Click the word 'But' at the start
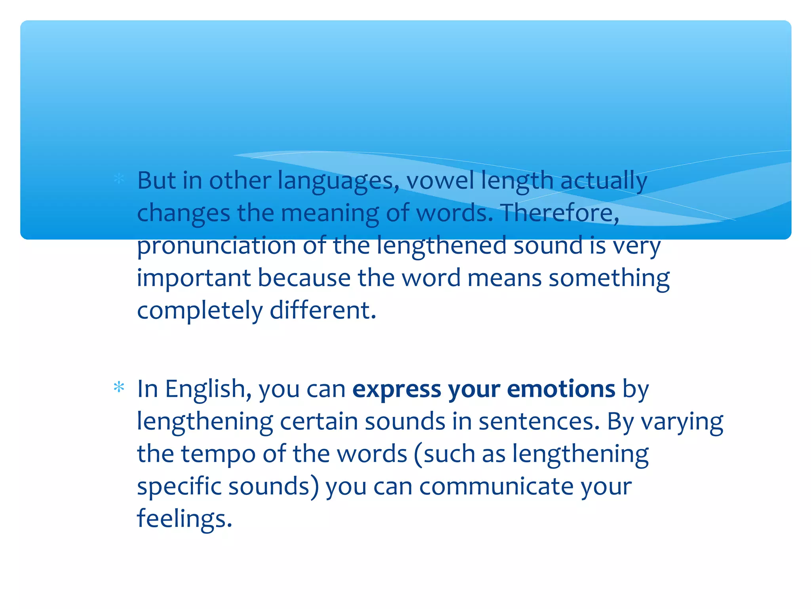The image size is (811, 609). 156,180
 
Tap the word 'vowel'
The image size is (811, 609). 440,180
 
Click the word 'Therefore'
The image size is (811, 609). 558,213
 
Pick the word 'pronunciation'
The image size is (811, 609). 216,246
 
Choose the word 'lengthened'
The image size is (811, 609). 441,246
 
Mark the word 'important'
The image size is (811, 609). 194,278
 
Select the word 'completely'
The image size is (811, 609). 200,311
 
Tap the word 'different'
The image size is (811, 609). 322,310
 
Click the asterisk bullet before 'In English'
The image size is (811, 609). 119,387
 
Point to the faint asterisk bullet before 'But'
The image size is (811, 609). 119,179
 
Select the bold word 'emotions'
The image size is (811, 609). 561,389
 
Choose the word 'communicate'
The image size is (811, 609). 496,486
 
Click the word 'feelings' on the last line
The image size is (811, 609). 184,519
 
